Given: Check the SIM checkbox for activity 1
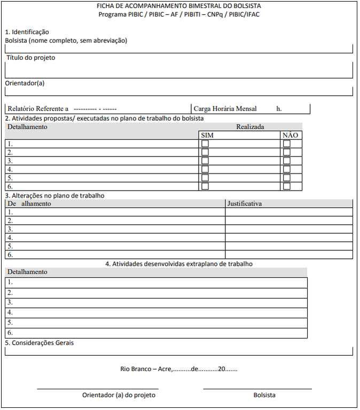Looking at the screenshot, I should tap(205, 144).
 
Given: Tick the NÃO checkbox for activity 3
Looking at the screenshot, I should tap(287, 161).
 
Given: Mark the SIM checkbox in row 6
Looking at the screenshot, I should tap(205, 186).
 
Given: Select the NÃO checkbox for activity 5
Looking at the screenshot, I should tap(287, 178).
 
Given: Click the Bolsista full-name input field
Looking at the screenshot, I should tap(179, 49).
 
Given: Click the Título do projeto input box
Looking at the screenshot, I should tap(179, 70).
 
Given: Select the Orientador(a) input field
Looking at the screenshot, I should tap(179, 91).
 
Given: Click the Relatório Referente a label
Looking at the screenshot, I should tap(38, 109).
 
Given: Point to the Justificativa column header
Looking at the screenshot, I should tap(245, 203).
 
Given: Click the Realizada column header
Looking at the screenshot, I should tap(250, 127).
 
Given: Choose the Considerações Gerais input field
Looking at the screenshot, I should tap(179, 351).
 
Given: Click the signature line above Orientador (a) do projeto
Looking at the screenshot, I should tap(98, 389).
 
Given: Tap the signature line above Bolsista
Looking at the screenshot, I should tap(257, 389).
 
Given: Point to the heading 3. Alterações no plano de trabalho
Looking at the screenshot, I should tap(54, 195).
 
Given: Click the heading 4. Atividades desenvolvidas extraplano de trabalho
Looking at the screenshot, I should tap(179, 264).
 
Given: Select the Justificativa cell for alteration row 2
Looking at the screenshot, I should tap(289, 220).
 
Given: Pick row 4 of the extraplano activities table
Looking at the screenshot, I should tap(156, 313).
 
